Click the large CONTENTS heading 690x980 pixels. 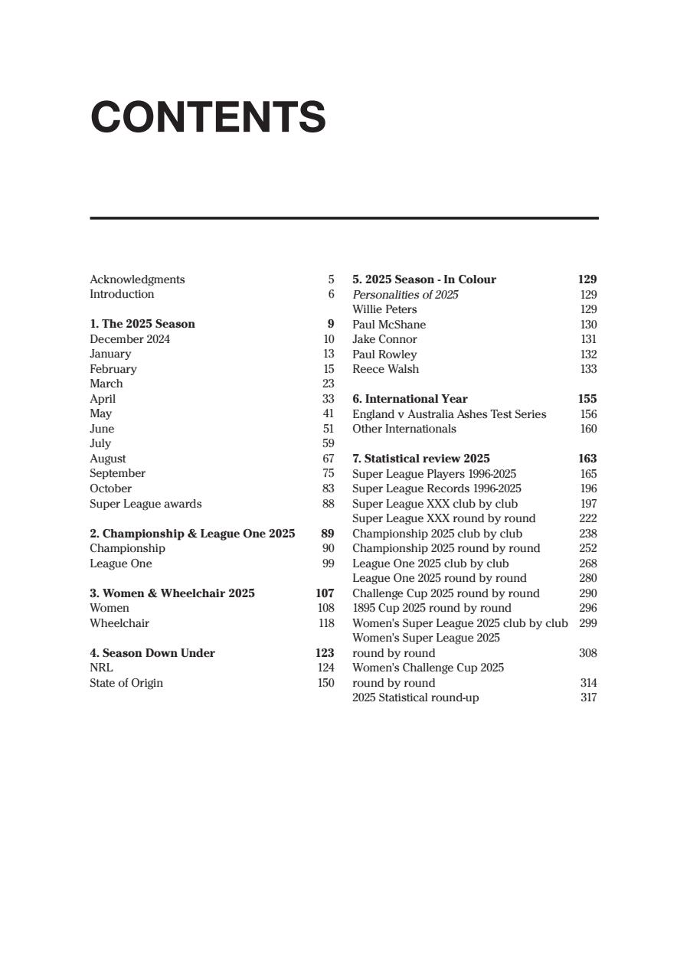tap(208, 117)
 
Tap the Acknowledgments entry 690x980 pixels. tap(137, 279)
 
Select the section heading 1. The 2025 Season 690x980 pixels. tap(142, 324)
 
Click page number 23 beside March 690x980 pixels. tap(329, 384)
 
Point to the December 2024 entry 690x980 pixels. tap(130, 339)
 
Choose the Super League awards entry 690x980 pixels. tap(146, 504)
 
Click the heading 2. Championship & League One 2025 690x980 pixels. tap(192, 534)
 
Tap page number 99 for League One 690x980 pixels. tap(329, 563)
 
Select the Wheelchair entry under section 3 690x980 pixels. tap(119, 623)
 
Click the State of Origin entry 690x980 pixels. tap(126, 683)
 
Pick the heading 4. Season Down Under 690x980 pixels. tap(152, 653)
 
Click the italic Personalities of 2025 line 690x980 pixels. tap(405, 295)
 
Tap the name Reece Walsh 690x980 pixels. tap(385, 369)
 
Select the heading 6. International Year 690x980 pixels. tap(410, 399)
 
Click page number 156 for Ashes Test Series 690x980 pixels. tap(588, 414)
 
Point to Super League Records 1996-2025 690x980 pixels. tap(437, 488)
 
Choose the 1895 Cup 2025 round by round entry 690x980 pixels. tap(431, 608)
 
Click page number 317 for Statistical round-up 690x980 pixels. tap(588, 697)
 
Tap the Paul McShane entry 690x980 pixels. tap(389, 325)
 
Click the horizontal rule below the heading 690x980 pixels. tap(344, 218)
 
